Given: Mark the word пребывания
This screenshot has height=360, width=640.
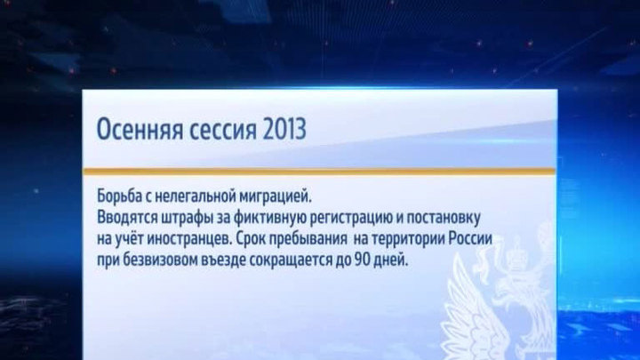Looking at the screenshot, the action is point(311,239).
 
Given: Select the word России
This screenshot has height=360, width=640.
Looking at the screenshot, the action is point(471,239).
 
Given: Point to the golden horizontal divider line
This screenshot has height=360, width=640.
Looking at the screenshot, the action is point(320,172).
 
